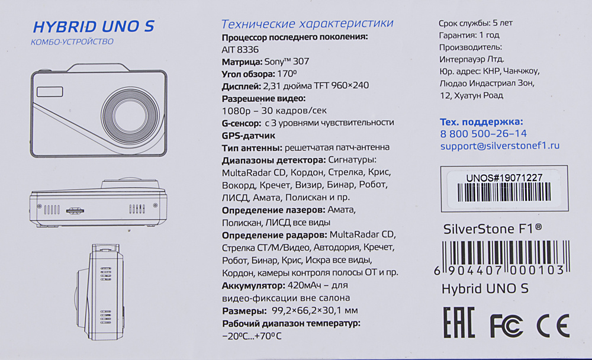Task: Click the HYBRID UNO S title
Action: (x=94, y=27)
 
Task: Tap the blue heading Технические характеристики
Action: (x=307, y=24)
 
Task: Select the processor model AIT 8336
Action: (x=240, y=50)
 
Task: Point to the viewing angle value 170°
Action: (x=287, y=73)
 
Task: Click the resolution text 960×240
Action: (x=350, y=85)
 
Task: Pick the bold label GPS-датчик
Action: (x=249, y=135)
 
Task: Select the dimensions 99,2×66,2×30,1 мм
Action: (x=314, y=310)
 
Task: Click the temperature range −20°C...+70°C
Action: (x=252, y=336)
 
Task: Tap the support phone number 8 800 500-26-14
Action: (x=483, y=134)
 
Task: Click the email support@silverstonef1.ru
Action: (x=500, y=146)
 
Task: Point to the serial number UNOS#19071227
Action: (x=504, y=178)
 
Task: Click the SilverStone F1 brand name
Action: (x=493, y=229)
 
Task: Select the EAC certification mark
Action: (x=458, y=322)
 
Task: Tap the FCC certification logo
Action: (x=506, y=326)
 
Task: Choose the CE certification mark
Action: (x=553, y=326)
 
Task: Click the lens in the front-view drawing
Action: (x=130, y=115)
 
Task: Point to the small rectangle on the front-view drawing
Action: (x=50, y=92)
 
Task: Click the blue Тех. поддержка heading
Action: (x=481, y=122)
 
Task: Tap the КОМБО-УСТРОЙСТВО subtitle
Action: (x=72, y=41)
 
